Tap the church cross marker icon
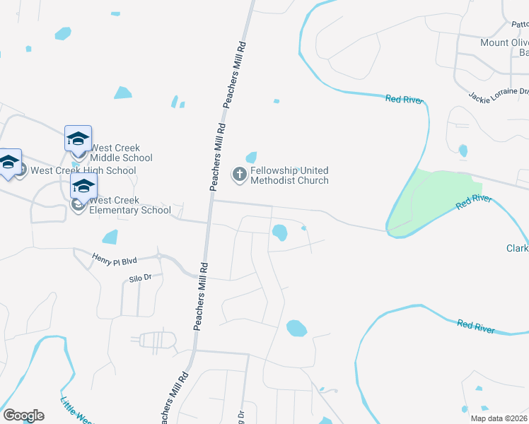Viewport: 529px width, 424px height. point(240,173)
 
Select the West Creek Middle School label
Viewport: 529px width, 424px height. point(121,153)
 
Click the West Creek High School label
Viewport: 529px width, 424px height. point(83,170)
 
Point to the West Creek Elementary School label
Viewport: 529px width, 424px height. point(129,205)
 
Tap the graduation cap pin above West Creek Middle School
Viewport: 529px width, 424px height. point(78,139)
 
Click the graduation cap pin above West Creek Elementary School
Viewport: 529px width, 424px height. point(83,187)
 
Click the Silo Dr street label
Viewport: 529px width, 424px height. point(141,278)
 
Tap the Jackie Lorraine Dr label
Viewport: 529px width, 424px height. point(499,93)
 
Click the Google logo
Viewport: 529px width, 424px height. point(23,416)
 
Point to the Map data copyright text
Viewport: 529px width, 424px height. point(498,418)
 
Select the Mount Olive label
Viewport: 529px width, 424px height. point(504,42)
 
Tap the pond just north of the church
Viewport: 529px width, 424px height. point(251,157)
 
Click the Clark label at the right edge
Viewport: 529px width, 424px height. point(517,248)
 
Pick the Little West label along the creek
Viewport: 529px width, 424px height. point(75,412)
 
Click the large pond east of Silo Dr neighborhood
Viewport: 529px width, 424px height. point(296,328)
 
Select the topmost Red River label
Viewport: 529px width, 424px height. point(405,100)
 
